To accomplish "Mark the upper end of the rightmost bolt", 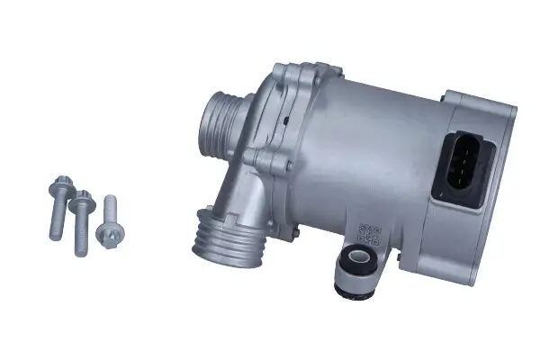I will click(112, 202).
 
